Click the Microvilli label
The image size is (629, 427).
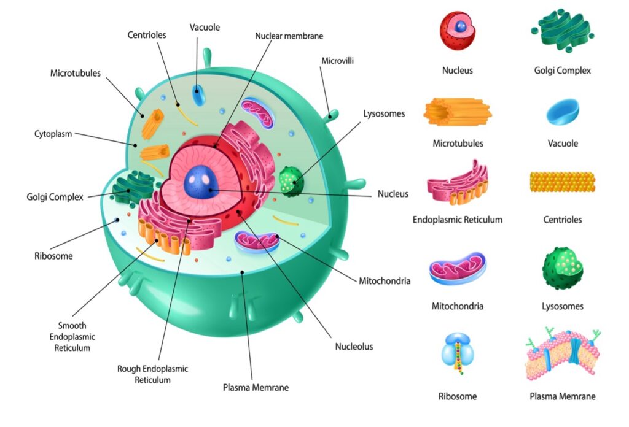pos(337,61)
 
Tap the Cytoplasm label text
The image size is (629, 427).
pos(53,134)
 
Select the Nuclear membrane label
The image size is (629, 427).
pos(289,36)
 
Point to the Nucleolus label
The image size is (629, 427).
pos(354,347)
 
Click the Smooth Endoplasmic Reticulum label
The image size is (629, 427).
pos(72,336)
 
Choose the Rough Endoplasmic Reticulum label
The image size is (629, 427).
pos(152,374)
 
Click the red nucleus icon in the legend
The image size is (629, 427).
pos(457,31)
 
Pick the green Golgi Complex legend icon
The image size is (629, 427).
pos(563,31)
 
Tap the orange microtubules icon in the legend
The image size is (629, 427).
pos(457,112)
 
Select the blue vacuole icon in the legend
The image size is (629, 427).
pos(563,112)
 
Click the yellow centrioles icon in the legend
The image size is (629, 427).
pos(563,182)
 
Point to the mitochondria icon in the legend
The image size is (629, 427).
pos(458,268)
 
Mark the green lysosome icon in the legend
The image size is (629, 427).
pos(563,268)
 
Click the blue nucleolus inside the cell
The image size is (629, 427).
pos(201,182)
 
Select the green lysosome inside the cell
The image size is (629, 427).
pos(291,182)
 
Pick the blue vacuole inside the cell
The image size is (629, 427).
pos(198,95)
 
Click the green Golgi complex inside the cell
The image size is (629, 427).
pos(133,187)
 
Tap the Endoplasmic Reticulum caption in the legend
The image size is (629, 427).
pos(457,220)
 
